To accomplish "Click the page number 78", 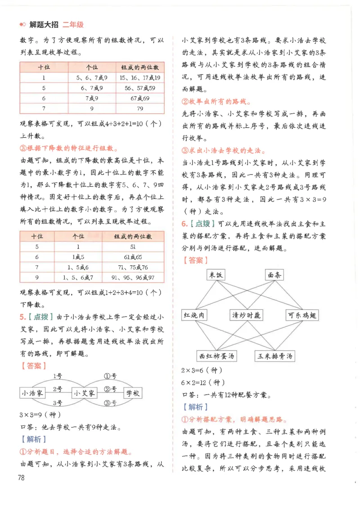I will pos(20,477).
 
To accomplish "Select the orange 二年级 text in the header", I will pos(73,25).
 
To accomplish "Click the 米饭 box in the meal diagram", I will pos(216,275).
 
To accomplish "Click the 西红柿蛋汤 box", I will pos(217,356).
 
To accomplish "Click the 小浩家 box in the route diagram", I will pos(32,393).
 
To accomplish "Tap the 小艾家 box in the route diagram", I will pos(85,393).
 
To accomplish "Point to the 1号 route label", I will pos(58,376).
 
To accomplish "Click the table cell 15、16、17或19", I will pos(140,77).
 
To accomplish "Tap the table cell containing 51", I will pos(133,246).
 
